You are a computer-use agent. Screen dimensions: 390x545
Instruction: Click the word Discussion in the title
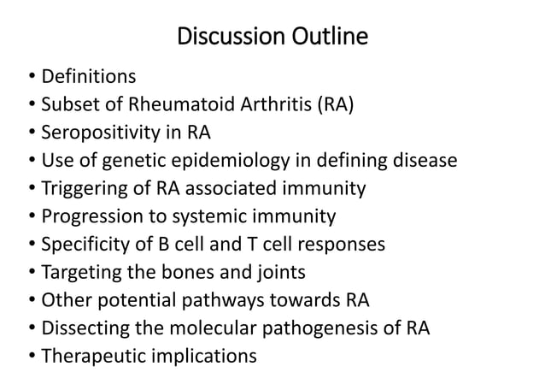pyautogui.click(x=226, y=38)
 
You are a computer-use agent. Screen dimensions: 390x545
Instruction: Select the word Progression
pyautogui.click(x=91, y=216)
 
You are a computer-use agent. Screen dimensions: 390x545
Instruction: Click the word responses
pyautogui.click(x=341, y=244)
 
